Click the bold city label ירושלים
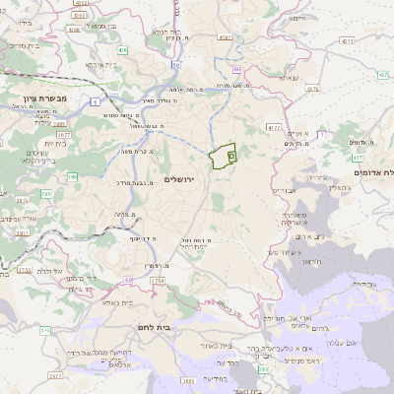pos(177,178)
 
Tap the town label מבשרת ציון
pos(40,98)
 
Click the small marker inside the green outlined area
pos(232,155)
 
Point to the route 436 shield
pos(122,48)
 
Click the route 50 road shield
pos(174,64)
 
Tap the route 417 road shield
pos(357,158)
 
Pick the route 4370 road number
pos(273,127)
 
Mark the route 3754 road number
pos(157,281)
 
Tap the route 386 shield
pos(45,177)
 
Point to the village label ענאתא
pos(289,77)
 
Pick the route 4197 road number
pos(225,36)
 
